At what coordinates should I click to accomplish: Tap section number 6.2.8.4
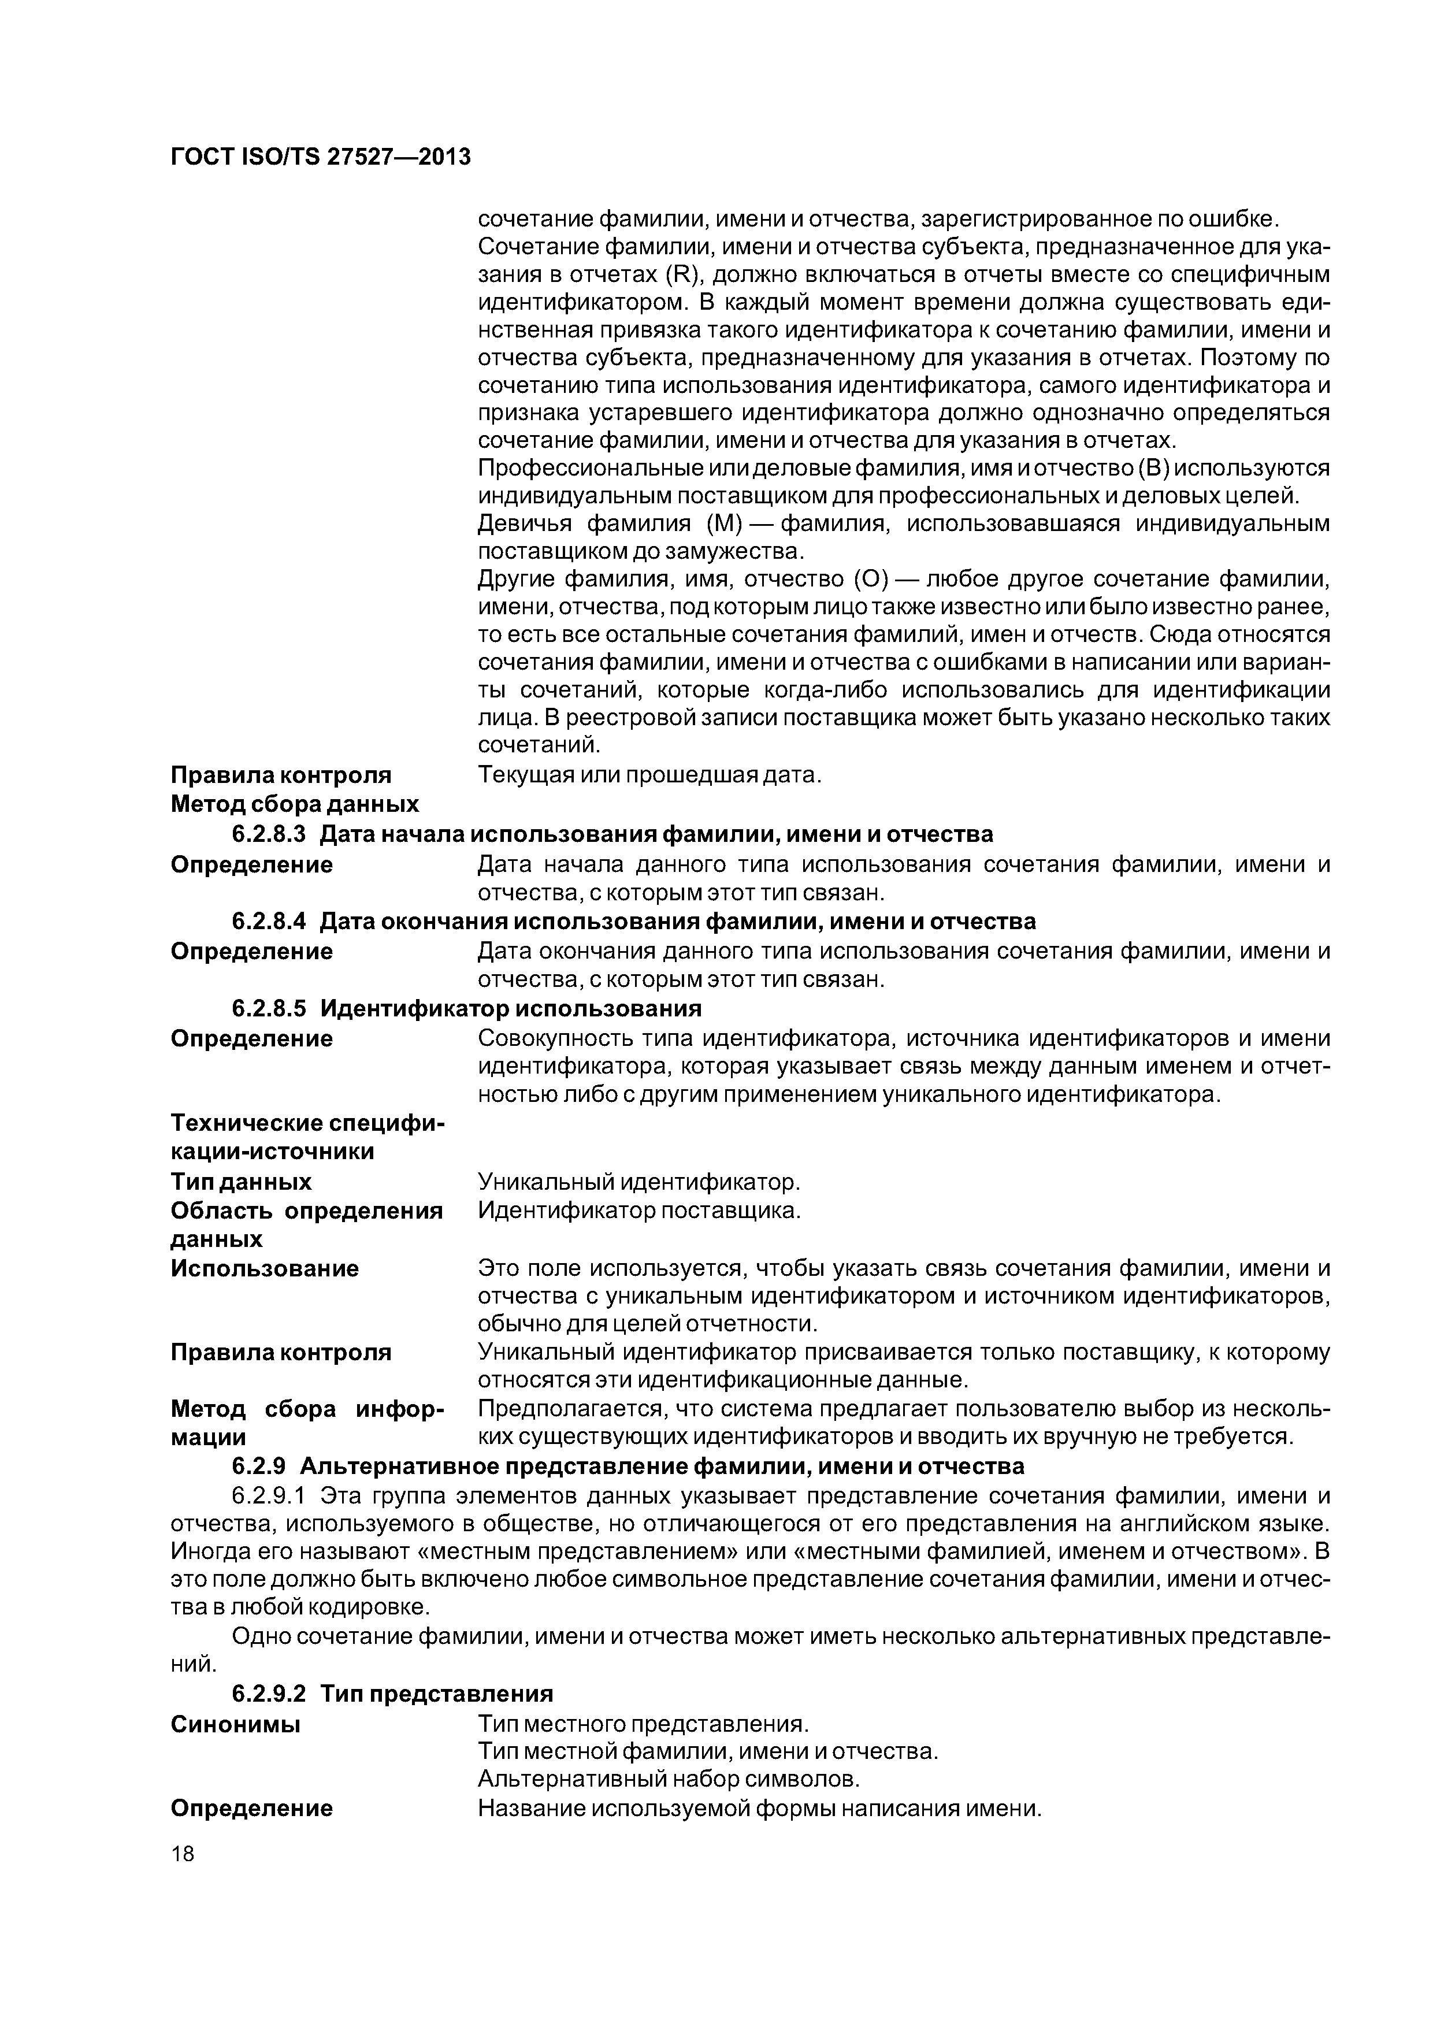pyautogui.click(x=269, y=921)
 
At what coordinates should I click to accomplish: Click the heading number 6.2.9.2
pyautogui.click(x=269, y=1693)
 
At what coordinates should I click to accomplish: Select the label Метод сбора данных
pyautogui.click(x=294, y=804)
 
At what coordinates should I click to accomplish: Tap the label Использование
pyautogui.click(x=264, y=1269)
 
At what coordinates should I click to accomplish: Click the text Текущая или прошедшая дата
pyautogui.click(x=649, y=775)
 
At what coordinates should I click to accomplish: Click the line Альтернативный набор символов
pyautogui.click(x=669, y=1778)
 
